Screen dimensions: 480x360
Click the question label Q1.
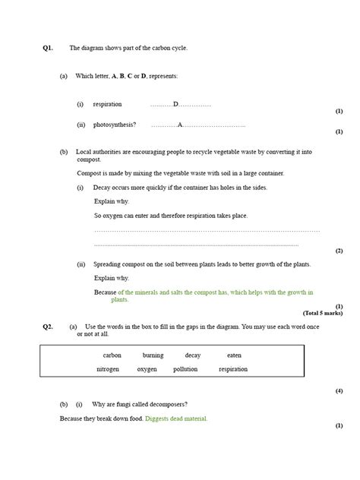(x=48, y=48)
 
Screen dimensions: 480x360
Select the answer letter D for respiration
(x=175, y=104)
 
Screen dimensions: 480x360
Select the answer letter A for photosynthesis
(x=180, y=125)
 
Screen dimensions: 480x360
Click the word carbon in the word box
(x=112, y=355)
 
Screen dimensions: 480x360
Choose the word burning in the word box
(x=153, y=355)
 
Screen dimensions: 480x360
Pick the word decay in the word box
(x=193, y=355)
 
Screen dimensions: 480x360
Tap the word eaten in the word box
(x=234, y=355)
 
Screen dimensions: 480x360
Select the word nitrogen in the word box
(x=107, y=369)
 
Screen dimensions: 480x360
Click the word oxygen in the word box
(x=147, y=369)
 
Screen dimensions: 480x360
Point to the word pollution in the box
(x=185, y=369)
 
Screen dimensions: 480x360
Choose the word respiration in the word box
(x=233, y=369)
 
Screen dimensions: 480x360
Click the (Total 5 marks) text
(x=323, y=313)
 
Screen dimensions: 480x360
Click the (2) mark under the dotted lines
(x=339, y=251)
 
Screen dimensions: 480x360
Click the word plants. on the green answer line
(x=120, y=300)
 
